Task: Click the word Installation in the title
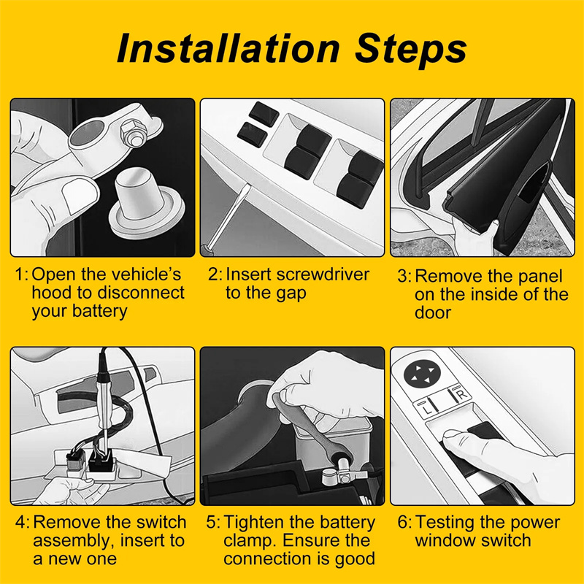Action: click(228, 49)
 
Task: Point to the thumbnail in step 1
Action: click(79, 194)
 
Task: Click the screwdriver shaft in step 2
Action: click(228, 217)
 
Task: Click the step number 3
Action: click(403, 277)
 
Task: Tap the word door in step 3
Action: click(433, 312)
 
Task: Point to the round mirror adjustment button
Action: click(422, 373)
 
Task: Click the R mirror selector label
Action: click(462, 394)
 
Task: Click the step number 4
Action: click(21, 522)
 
